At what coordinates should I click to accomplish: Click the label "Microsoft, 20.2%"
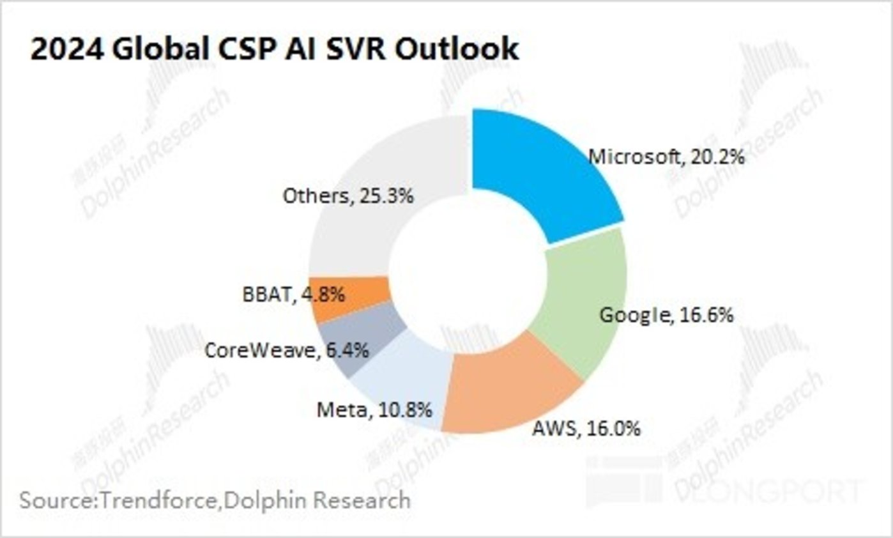coord(666,157)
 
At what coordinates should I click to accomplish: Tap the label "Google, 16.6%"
coord(666,315)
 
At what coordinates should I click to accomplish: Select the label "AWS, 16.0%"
coord(586,427)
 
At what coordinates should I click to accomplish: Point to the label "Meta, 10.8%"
coord(374,408)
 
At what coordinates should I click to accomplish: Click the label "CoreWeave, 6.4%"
coord(286,350)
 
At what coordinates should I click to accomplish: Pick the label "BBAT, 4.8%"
coord(294,295)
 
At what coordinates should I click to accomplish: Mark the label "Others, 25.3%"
coord(348,196)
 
